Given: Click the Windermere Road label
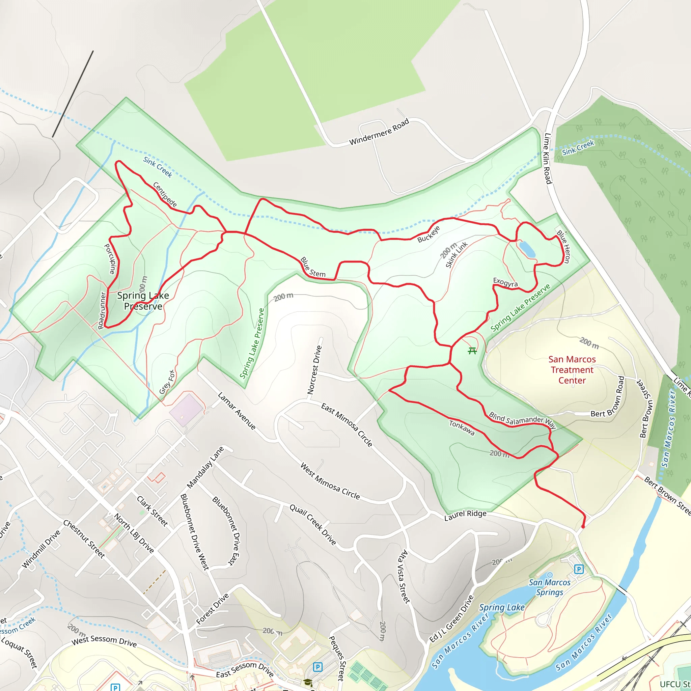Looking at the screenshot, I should click(x=379, y=132).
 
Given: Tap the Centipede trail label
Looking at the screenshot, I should click(x=165, y=195).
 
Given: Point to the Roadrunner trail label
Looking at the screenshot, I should click(x=102, y=310).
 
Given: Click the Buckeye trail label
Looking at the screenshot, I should click(x=429, y=234).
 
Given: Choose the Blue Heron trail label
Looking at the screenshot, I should click(x=564, y=247).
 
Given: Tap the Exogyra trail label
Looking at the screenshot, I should click(x=505, y=282).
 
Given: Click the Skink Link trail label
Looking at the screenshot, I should click(x=457, y=255).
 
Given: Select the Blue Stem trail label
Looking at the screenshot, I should click(x=312, y=267).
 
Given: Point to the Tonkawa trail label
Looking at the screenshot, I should click(x=462, y=428).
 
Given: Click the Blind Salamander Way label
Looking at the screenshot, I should click(x=522, y=420).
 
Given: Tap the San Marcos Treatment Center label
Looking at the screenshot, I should click(x=572, y=370).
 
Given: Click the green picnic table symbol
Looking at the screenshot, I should click(x=472, y=351).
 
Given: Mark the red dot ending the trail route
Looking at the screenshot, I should click(x=583, y=526).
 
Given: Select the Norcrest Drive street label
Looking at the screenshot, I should click(x=314, y=370).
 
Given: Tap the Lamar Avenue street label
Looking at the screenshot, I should click(x=237, y=411).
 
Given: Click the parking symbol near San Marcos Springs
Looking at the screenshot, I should click(x=579, y=569).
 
